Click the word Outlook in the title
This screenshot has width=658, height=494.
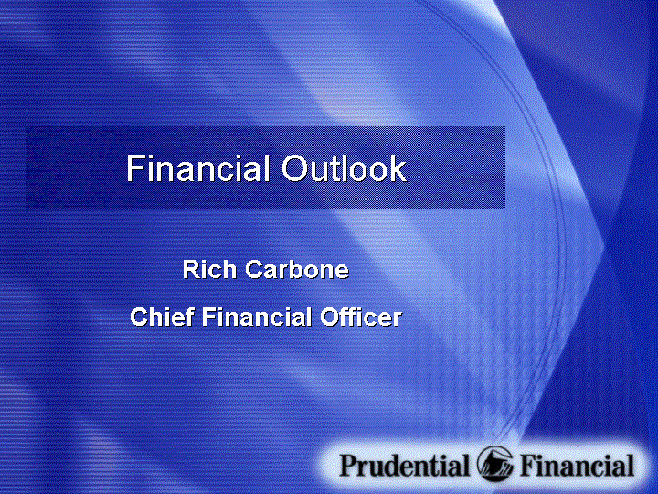pyautogui.click(x=344, y=168)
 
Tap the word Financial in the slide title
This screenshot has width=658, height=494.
pyautogui.click(x=197, y=168)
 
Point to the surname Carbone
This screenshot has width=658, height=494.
pyautogui.click(x=297, y=269)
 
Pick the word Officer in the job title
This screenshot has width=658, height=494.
pyautogui.click(x=361, y=317)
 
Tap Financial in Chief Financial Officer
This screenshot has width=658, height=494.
pyautogui.click(x=257, y=317)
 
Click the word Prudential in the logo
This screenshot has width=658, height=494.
pyautogui.click(x=404, y=465)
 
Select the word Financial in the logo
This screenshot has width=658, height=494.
pyautogui.click(x=577, y=465)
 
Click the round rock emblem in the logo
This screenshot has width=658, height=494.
pyautogui.click(x=494, y=464)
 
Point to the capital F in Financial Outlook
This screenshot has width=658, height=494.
pyautogui.click(x=134, y=168)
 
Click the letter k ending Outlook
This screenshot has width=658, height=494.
pyautogui.click(x=398, y=168)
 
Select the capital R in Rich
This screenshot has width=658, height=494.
pyautogui.click(x=191, y=269)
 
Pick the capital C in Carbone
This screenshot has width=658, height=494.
pyautogui.click(x=254, y=269)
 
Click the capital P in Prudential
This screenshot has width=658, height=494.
pyautogui.click(x=349, y=465)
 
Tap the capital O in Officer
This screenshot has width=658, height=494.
pyautogui.click(x=330, y=317)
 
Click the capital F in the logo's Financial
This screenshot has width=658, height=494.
pyautogui.click(x=529, y=465)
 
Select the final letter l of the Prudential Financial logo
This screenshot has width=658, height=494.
pyautogui.click(x=631, y=465)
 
